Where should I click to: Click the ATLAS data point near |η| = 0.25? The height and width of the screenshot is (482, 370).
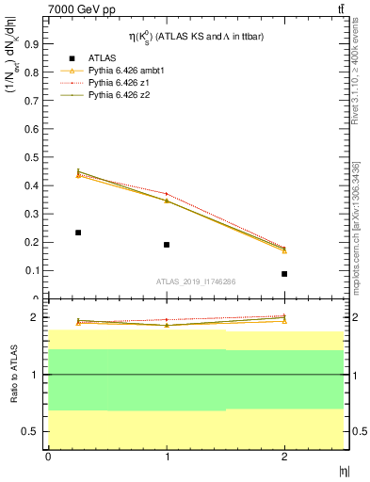(78, 232)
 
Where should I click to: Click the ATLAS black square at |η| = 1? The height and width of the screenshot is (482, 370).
(167, 245)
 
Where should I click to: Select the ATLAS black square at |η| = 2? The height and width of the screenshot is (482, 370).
(284, 274)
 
